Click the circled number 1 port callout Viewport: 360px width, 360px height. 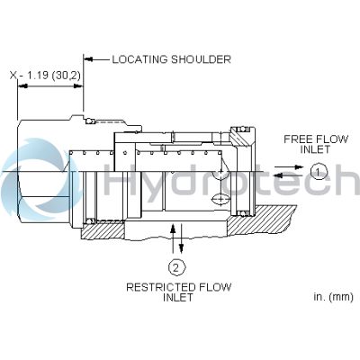click(318, 172)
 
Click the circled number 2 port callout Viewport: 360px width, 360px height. click(176, 267)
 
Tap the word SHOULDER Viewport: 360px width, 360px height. click(201, 59)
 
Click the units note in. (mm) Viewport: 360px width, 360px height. click(333, 297)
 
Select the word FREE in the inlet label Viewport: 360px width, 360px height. click(296, 139)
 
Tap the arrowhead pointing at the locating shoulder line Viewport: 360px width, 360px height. click(87, 59)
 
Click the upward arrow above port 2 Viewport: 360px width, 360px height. click(172, 238)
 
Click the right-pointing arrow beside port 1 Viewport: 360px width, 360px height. click(290, 167)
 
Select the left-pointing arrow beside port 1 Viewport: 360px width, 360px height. click(290, 175)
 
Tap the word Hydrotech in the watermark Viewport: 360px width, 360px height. click(231, 180)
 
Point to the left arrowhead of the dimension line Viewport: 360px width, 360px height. click(22, 86)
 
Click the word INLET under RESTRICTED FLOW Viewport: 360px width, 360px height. click(178, 297)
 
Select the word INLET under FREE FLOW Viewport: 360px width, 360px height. click(315, 149)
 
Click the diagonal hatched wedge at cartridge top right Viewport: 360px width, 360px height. click(239, 137)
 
